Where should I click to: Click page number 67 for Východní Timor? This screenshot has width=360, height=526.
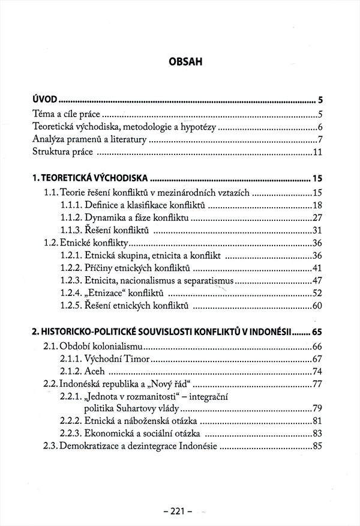point(317,359)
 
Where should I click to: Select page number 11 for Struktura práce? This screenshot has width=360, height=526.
point(317,152)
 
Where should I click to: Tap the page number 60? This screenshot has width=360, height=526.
point(317,307)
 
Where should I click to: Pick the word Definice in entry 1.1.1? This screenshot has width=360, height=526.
point(102,205)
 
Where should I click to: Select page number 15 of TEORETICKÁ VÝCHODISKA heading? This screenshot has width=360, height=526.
point(317,178)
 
